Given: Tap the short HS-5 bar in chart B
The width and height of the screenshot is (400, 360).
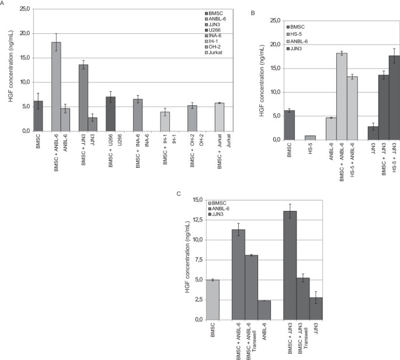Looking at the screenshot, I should pos(309,138).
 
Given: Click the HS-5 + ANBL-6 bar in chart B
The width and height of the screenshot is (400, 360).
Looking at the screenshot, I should pos(352,108).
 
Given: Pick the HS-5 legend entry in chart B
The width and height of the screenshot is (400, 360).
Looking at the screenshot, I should pos(298,34).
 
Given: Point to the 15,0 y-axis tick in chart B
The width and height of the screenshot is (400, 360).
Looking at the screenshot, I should pos(274,68).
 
